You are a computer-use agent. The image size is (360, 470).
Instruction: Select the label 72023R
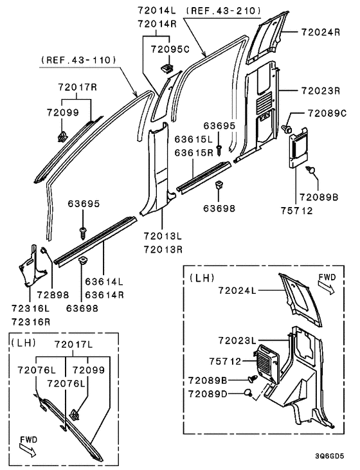click(319, 91)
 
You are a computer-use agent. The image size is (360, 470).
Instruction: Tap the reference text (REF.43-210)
click(222, 10)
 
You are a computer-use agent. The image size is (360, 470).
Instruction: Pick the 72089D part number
click(208, 393)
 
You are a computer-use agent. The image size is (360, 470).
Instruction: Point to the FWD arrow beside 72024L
click(327, 284)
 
